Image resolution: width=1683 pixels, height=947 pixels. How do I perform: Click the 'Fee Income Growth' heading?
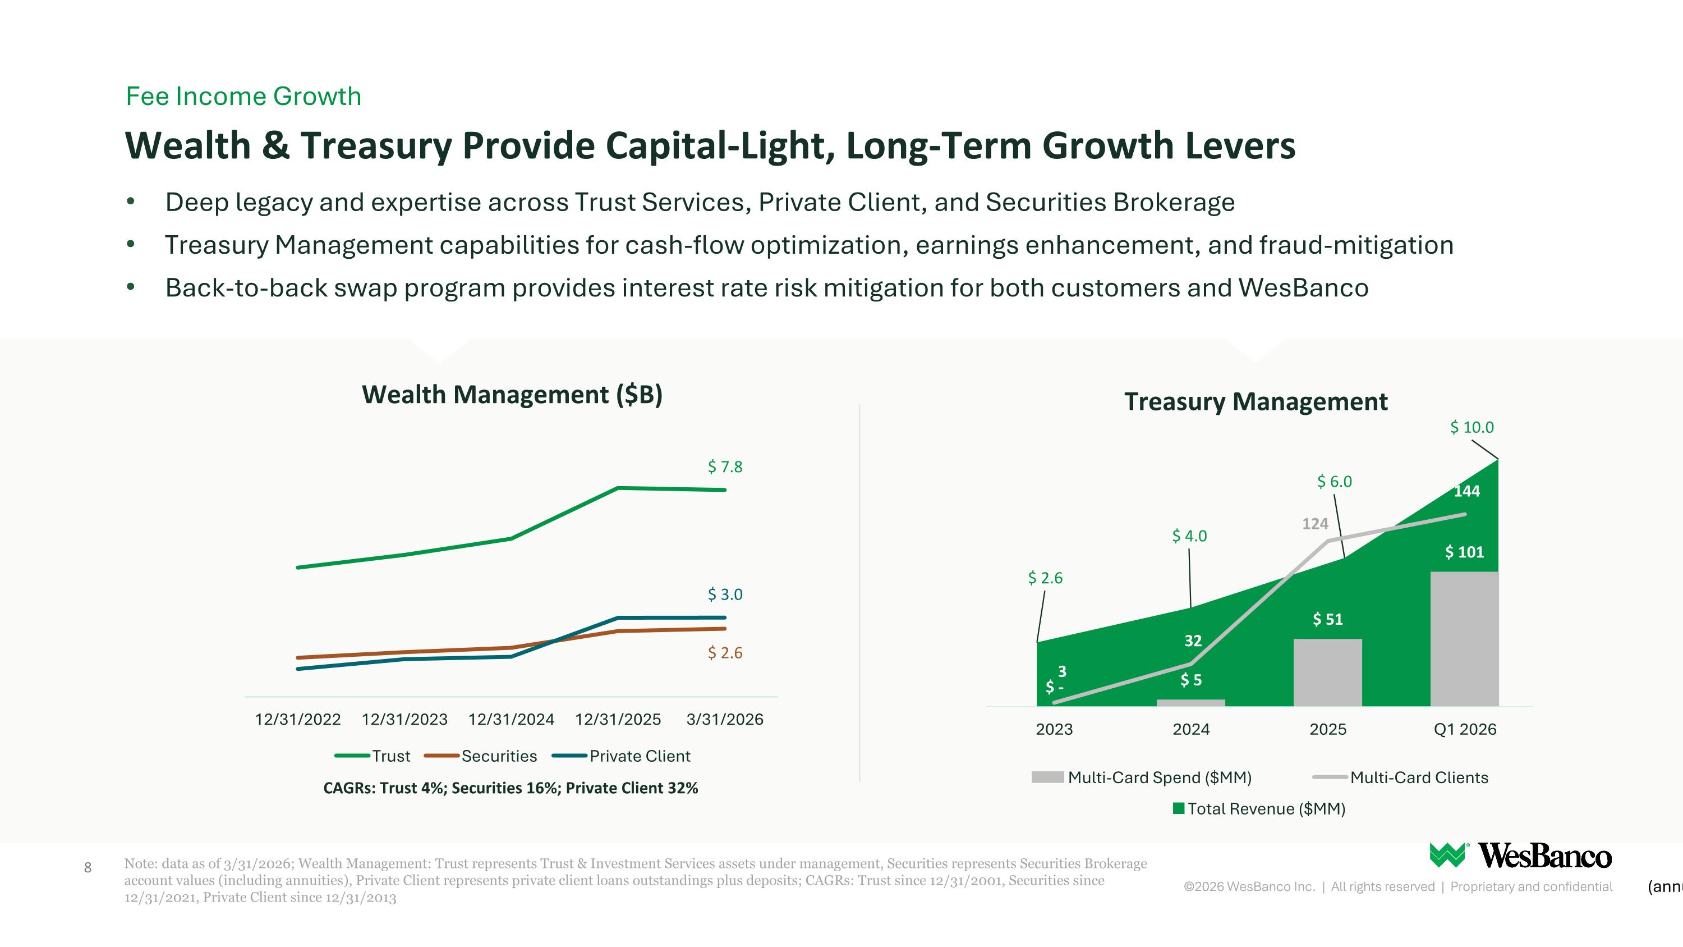click(243, 96)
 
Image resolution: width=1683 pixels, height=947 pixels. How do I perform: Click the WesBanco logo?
click(1520, 855)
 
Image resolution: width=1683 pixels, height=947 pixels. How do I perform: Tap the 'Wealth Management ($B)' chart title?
click(512, 395)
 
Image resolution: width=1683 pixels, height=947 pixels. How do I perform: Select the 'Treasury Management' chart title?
click(1256, 401)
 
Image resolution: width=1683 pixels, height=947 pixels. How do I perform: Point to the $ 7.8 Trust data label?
click(725, 466)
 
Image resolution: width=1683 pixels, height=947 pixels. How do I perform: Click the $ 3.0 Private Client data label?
click(725, 594)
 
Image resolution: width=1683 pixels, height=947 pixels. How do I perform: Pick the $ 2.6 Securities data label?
click(725, 652)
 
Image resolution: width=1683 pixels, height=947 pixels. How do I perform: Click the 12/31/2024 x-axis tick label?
click(511, 720)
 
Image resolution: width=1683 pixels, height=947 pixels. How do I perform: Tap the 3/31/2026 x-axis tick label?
click(725, 720)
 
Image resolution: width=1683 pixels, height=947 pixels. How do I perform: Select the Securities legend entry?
click(481, 756)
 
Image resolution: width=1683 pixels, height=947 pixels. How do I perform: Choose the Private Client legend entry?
click(622, 756)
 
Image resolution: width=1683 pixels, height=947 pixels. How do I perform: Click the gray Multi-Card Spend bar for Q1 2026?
click(1464, 639)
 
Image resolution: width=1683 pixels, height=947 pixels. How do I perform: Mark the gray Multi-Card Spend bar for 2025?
click(1327, 672)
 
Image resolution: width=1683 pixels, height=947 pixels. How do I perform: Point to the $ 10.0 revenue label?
click(1472, 427)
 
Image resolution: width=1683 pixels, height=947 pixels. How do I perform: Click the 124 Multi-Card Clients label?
click(1315, 524)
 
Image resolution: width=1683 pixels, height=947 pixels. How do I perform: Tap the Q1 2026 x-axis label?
click(1465, 729)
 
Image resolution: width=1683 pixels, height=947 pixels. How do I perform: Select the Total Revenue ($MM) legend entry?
click(1259, 809)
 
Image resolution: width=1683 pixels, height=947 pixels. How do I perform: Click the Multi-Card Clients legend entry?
click(1401, 777)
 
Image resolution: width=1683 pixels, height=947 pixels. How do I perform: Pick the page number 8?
click(88, 868)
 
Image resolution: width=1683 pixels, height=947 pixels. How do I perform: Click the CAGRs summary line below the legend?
click(511, 788)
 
